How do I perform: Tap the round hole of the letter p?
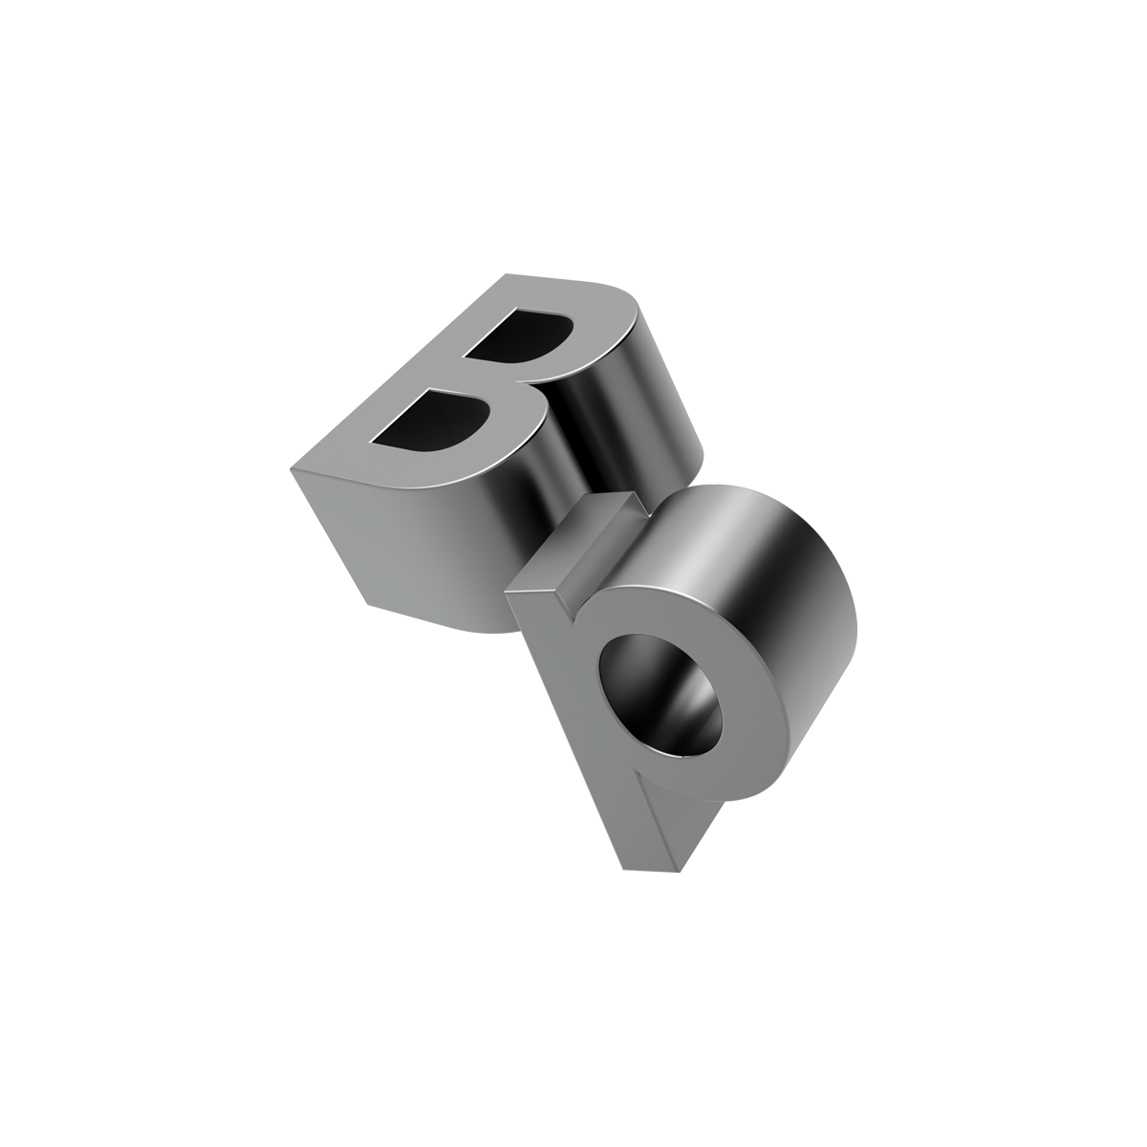point(661,697)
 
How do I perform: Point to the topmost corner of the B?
point(506,274)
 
